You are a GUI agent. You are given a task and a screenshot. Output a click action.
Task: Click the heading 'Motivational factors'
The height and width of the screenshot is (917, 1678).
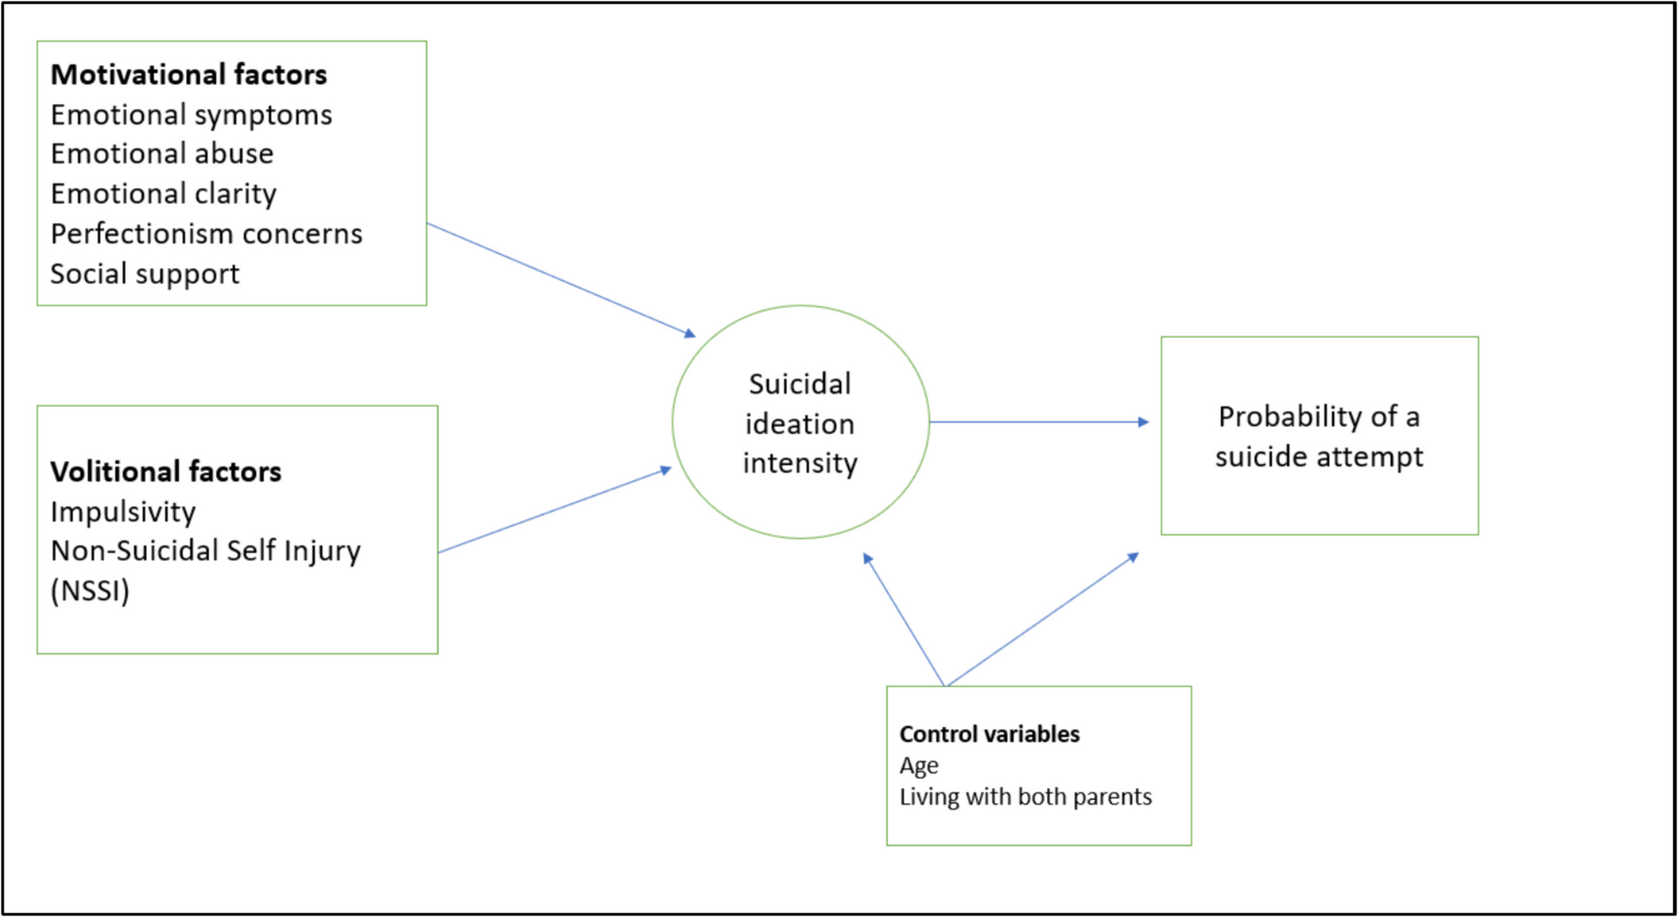point(189,74)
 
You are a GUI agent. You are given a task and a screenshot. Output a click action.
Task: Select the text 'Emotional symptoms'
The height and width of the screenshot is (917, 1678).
point(191,115)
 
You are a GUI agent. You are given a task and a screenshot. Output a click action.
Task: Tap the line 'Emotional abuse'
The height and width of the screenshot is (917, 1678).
point(162,154)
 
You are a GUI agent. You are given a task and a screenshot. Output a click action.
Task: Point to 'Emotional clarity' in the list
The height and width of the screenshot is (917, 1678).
point(163,194)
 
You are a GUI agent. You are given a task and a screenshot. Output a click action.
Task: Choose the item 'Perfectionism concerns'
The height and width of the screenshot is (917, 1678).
point(206,234)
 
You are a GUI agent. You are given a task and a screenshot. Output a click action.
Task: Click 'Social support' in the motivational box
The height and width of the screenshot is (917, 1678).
point(145,274)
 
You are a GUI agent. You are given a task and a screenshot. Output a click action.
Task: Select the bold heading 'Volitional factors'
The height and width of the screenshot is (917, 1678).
point(166,471)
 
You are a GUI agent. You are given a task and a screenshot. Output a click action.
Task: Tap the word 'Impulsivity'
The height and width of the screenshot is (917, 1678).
point(123,512)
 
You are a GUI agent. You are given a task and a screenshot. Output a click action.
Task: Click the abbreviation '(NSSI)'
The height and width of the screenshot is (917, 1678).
point(90,591)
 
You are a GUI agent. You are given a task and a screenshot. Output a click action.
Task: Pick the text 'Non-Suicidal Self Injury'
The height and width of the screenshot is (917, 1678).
point(205,551)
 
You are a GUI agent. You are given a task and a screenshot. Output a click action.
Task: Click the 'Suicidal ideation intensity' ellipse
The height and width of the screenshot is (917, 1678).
point(800,423)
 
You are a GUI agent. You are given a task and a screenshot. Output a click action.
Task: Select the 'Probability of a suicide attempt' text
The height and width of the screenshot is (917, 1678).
point(1318,436)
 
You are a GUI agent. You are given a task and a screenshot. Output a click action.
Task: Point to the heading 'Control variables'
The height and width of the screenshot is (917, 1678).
point(989,734)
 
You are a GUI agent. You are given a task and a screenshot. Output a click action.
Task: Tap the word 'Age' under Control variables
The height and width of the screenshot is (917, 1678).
point(919,766)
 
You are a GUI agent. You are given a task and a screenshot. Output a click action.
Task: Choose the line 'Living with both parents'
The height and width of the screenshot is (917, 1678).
point(1025,796)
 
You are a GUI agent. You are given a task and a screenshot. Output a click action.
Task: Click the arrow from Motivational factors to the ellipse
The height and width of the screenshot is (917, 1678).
point(561,279)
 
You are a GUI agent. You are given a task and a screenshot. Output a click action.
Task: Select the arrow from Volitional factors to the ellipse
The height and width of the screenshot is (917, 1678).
point(554,511)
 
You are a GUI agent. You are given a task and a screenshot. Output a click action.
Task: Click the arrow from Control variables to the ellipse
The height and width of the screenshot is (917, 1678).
point(904,620)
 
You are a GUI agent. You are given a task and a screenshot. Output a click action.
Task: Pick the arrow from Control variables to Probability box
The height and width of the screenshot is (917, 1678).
point(1041,621)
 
